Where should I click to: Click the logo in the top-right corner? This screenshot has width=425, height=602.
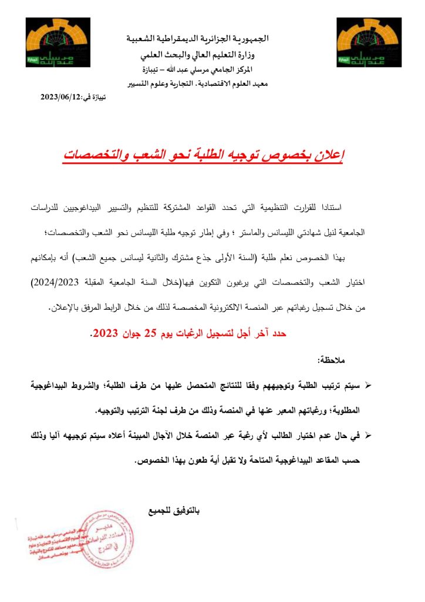(x=369, y=42)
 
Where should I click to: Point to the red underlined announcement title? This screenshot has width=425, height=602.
(x=203, y=156)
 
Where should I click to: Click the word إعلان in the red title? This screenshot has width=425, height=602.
(x=329, y=155)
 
